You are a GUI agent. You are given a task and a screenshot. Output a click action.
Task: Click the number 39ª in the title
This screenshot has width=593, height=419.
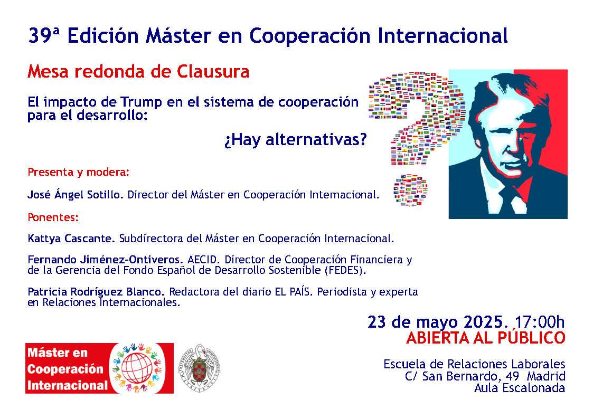44,36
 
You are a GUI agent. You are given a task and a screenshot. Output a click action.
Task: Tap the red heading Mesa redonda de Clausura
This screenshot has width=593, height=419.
138,71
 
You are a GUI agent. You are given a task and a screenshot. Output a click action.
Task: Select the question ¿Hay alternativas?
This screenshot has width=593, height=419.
295,140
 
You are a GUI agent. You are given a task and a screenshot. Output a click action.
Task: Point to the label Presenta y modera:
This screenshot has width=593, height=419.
78,172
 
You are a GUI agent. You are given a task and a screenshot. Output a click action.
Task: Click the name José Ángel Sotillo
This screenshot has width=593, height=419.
76,194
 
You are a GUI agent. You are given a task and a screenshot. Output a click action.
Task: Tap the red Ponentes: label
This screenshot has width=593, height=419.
53,217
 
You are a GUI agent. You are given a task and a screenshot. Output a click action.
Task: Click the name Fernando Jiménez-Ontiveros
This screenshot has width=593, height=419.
106,260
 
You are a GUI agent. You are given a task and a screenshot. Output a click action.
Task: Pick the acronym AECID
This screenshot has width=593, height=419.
204,260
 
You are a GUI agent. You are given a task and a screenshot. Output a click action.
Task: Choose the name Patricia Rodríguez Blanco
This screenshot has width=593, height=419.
96,292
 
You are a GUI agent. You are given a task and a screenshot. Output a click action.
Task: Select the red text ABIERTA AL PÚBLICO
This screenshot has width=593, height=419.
486,338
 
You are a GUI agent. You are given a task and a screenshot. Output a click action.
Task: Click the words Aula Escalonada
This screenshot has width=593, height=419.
520,388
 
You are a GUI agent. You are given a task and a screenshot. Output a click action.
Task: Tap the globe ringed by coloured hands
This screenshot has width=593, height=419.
137,368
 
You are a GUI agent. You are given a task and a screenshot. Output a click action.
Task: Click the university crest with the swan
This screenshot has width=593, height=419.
199,368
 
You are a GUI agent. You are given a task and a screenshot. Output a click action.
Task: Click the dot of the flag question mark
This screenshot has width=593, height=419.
410,191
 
